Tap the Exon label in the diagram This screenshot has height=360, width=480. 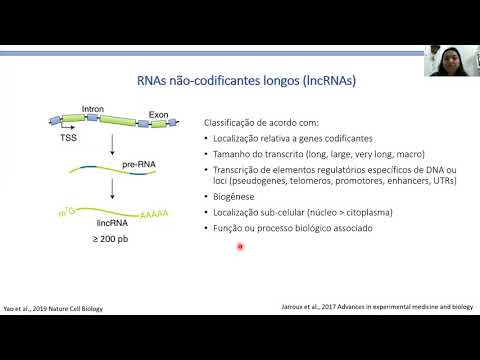click(159, 115)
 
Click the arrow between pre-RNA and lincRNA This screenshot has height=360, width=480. click(110, 185)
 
